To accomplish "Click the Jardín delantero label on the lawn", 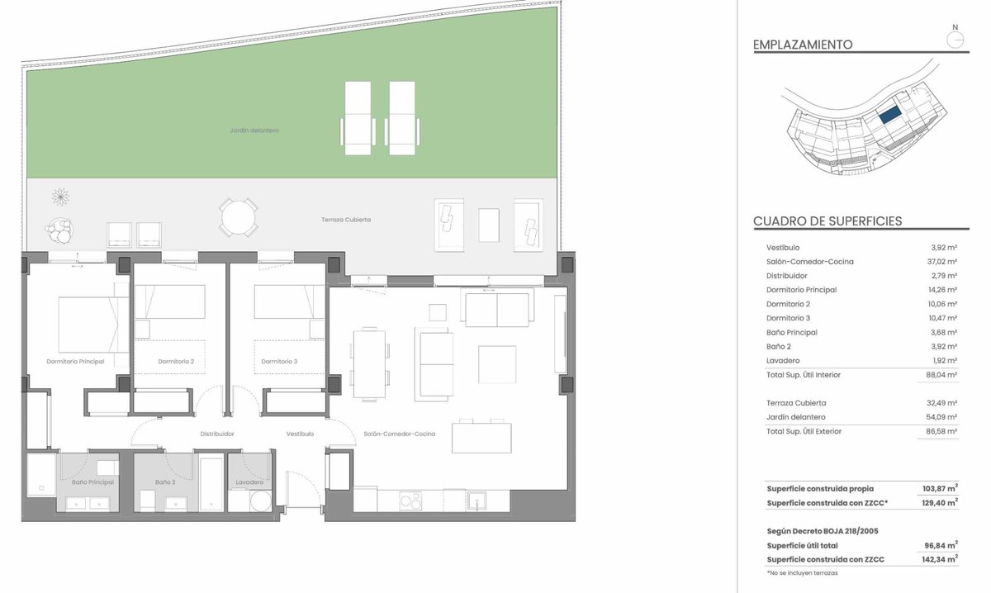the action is click(254, 130).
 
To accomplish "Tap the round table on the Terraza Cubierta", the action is click(239, 217).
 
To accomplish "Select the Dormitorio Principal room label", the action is click(76, 362).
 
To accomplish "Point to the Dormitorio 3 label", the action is click(280, 362).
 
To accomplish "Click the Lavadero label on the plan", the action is click(249, 482).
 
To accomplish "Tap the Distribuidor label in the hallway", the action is click(217, 434).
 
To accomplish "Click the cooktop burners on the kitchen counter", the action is click(410, 501).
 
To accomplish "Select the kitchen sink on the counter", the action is click(477, 501).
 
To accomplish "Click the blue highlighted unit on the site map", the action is click(890, 115).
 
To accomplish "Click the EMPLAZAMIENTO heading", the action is click(803, 45).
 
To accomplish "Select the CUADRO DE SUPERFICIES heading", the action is click(827, 221).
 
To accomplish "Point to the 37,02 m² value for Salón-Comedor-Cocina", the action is click(942, 262).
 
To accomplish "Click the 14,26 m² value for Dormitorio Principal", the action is click(942, 290).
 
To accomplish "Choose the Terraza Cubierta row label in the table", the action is click(796, 403).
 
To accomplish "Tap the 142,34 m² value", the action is click(940, 559).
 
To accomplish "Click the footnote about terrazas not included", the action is click(802, 573).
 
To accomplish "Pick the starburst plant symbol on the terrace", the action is click(60, 197).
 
